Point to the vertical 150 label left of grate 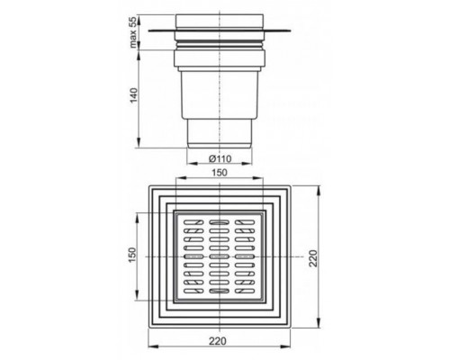tap(132, 257)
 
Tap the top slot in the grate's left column tap(191, 221)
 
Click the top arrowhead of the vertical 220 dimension tap(319, 188)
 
